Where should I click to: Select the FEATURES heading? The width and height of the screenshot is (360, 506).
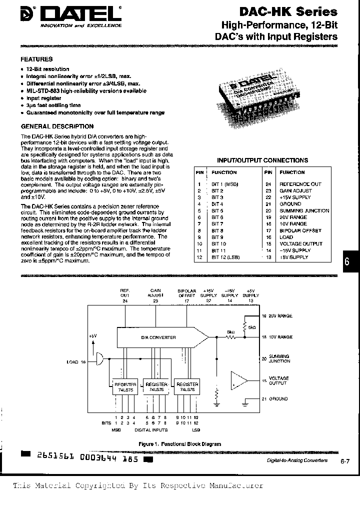click(36, 59)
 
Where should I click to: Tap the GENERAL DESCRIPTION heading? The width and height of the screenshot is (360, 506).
click(57, 126)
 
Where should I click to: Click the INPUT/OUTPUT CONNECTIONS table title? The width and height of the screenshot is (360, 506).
click(262, 160)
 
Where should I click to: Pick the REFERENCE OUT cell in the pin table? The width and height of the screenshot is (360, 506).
click(300, 184)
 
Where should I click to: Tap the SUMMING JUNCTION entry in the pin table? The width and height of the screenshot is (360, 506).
click(304, 210)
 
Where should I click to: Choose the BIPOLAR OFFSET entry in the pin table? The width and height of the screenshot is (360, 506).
click(300, 230)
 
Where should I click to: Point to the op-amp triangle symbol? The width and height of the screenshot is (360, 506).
click(239, 381)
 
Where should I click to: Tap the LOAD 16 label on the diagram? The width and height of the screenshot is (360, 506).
click(76, 361)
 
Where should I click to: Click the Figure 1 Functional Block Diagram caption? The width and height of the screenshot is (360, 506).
click(179, 443)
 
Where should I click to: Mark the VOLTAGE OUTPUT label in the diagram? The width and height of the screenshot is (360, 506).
click(278, 380)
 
